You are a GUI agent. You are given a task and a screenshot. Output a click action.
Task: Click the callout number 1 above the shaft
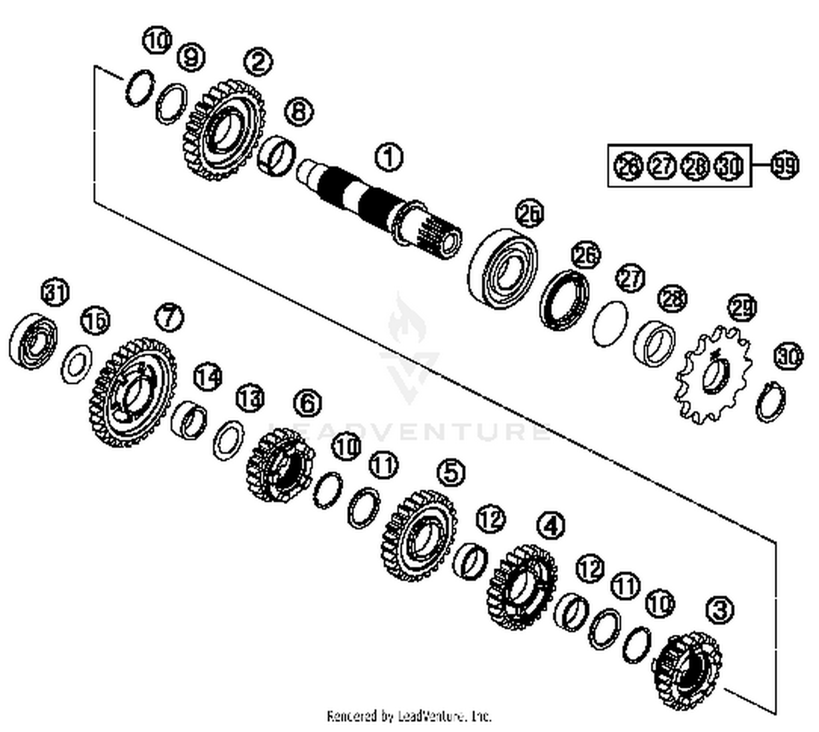[388, 157]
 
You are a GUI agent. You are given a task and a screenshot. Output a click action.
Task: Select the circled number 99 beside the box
[785, 165]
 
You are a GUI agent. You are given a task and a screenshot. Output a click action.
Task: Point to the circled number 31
[56, 292]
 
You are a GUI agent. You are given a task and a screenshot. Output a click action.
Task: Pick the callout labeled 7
[169, 317]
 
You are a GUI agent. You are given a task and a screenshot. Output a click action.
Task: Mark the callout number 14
[207, 377]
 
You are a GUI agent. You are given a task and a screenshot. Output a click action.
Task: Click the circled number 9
[191, 57]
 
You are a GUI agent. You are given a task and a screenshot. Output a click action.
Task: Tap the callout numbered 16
[95, 320]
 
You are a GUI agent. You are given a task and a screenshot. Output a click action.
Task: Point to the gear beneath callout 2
[223, 130]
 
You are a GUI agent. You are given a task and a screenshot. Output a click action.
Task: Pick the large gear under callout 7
[133, 393]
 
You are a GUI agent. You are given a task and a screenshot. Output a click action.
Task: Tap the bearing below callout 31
[33, 339]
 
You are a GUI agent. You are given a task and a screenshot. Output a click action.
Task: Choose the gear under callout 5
[420, 535]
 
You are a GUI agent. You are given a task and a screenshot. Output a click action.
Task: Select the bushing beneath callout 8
[276, 155]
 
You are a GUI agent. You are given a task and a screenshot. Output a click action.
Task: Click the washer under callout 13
[228, 440]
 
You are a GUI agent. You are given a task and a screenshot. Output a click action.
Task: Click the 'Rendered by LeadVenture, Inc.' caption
[409, 716]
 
